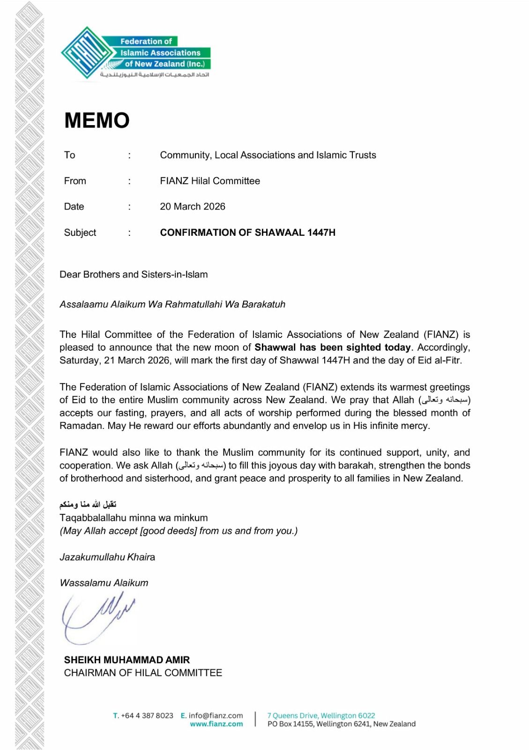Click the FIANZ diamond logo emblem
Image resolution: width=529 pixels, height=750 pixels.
(x=87, y=52)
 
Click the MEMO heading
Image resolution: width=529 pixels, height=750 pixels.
(x=97, y=120)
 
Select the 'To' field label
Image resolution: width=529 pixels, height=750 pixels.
(x=69, y=155)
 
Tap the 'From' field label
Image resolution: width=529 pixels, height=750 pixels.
(x=75, y=181)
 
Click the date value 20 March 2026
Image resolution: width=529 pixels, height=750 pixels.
(x=192, y=207)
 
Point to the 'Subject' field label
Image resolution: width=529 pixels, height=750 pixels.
(x=80, y=232)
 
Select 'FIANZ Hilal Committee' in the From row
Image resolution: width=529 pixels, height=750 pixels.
(x=209, y=181)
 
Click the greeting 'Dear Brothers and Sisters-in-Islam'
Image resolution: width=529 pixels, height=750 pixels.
(x=134, y=275)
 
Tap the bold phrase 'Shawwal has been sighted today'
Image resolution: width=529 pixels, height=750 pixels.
(x=332, y=347)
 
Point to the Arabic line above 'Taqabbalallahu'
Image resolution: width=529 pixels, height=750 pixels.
(x=88, y=504)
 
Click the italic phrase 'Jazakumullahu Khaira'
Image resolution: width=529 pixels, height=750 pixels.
(x=107, y=557)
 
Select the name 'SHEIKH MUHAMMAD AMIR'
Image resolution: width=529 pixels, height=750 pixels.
(x=127, y=660)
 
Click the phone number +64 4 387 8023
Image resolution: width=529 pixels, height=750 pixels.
(x=147, y=716)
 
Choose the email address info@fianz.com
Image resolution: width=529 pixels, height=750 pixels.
(x=216, y=716)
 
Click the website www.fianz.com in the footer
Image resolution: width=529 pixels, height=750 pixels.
(x=216, y=724)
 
